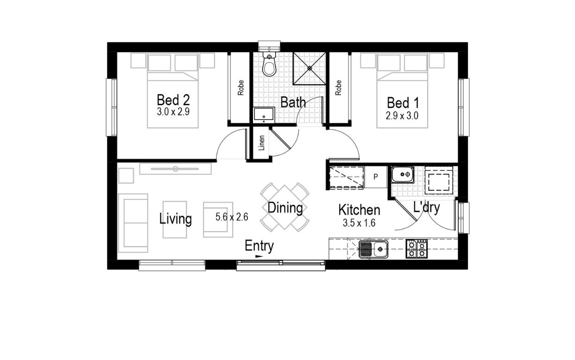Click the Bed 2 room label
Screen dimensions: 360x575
(x=173, y=100)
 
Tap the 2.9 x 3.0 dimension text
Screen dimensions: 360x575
(x=402, y=116)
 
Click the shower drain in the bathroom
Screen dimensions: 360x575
(x=310, y=68)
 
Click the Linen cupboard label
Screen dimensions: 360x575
(x=262, y=143)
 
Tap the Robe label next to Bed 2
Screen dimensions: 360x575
(x=240, y=88)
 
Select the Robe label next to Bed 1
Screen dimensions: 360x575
(x=338, y=88)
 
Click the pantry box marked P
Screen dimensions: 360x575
(x=375, y=177)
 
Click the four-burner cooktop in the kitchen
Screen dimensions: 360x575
(x=417, y=249)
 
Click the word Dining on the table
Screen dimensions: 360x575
(x=285, y=208)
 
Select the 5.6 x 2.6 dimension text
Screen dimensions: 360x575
(x=232, y=216)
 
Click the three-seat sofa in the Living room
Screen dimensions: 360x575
(x=133, y=223)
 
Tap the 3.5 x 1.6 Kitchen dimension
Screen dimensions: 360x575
(x=359, y=223)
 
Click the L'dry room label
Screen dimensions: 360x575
(x=426, y=207)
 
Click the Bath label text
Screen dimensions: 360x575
(x=293, y=102)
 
